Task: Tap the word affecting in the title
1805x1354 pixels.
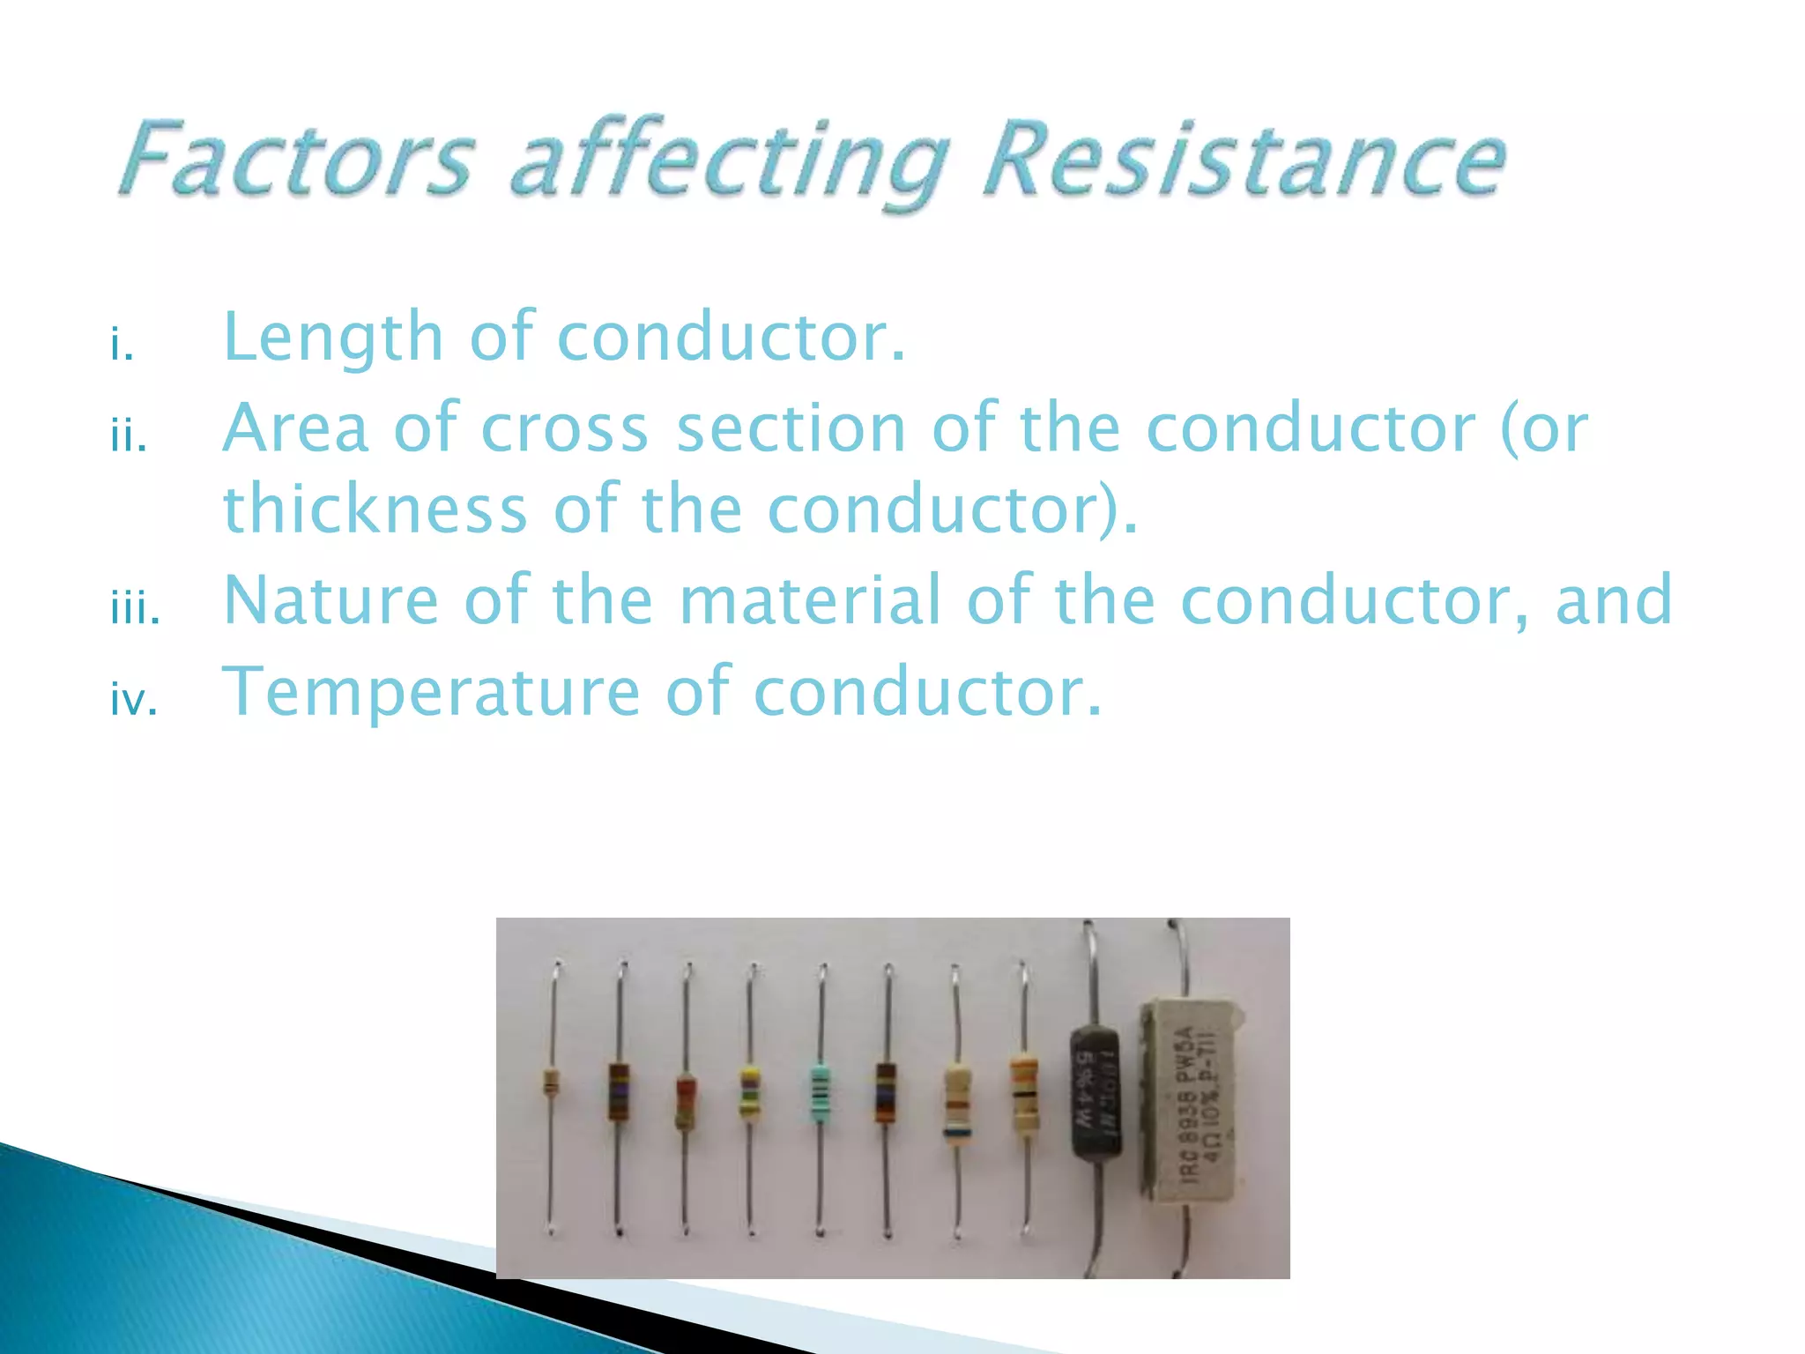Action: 728,163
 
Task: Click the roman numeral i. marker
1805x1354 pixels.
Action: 122,345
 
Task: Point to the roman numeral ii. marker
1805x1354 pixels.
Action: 129,436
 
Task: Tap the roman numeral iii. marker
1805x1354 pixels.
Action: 135,609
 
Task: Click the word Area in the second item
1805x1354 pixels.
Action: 295,428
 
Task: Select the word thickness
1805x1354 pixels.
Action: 375,510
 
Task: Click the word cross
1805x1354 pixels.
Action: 565,428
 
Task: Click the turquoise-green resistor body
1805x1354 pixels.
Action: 821,1094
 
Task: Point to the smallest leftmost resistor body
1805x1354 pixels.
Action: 551,1082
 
